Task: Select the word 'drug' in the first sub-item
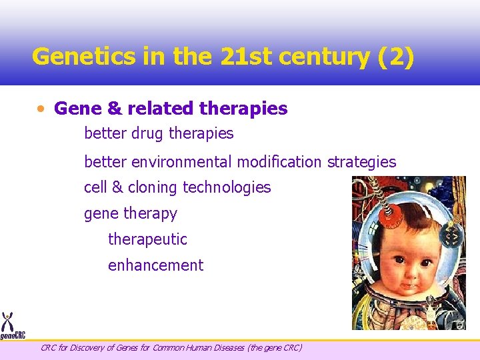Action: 147,133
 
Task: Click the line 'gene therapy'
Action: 131,214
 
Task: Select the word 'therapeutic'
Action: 147,239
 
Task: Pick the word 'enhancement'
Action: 155,265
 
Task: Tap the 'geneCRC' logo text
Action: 12,336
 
